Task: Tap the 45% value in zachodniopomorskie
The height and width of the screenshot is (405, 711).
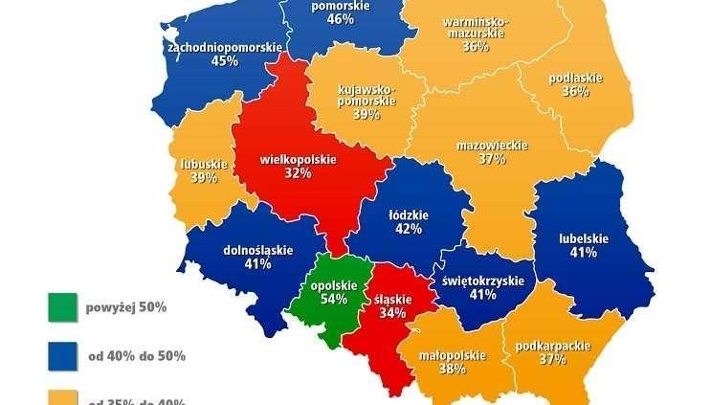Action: point(226,62)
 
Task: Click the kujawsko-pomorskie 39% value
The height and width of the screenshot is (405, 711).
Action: point(367,114)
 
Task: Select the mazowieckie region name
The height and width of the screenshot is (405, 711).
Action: point(492,145)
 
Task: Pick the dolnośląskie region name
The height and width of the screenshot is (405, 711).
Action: point(257,249)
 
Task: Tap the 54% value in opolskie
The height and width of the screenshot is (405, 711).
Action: point(334,299)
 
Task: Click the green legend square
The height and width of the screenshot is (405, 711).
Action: point(62,308)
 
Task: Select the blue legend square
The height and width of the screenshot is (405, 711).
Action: point(62,356)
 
